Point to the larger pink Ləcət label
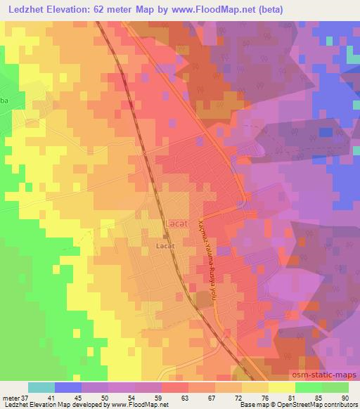click(x=176, y=223)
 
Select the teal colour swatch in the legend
click(x=41, y=387)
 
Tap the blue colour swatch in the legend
click(x=68, y=387)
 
